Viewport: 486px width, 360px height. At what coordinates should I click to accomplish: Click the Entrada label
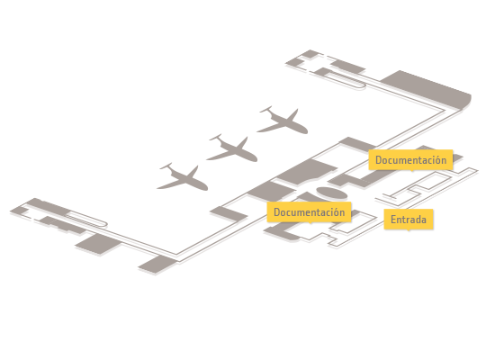coord(409,220)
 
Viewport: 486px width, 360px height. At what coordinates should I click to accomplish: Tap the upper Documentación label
coord(410,159)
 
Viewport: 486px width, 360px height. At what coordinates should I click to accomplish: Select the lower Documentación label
coord(309,212)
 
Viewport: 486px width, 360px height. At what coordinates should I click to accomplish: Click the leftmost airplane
coord(183,177)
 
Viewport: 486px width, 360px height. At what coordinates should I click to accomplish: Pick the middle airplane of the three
coord(232,149)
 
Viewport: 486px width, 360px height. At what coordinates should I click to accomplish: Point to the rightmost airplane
coord(283,121)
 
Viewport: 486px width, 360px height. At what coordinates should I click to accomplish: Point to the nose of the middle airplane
coord(256,159)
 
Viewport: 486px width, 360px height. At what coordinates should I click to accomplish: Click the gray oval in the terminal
coord(331,193)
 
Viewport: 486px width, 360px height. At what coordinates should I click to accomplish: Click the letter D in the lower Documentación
coord(276,212)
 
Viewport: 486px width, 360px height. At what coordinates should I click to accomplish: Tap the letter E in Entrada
coord(393,220)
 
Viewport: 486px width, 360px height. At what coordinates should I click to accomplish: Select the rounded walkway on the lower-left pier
coord(86,219)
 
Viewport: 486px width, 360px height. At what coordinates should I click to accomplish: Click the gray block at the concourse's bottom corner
coord(157,265)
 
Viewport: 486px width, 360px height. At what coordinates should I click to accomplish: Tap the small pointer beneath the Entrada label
coord(409,230)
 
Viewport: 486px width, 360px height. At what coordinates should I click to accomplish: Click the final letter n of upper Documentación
coord(444,161)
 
